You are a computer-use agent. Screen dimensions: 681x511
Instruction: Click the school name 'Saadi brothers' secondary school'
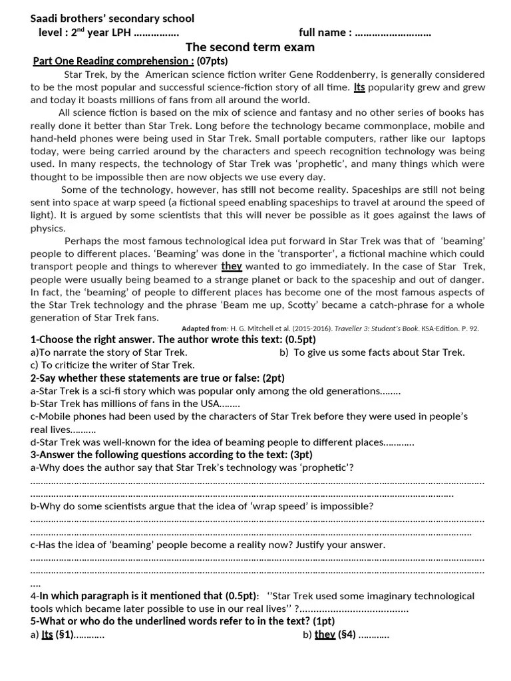[112, 19]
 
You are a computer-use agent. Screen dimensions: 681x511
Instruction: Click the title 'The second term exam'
[250, 47]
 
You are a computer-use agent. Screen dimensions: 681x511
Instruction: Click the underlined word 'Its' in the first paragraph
[359, 87]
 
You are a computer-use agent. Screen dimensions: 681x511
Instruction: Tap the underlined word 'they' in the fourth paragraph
[232, 266]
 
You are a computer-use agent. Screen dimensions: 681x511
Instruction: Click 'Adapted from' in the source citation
[204, 329]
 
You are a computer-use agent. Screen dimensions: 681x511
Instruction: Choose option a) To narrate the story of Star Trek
[109, 352]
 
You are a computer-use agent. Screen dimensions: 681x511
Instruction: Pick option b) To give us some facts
[372, 352]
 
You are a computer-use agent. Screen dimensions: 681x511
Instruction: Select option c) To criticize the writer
[112, 365]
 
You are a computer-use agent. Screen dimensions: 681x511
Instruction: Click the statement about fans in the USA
[135, 404]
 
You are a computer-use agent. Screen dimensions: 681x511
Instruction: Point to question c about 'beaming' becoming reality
[208, 545]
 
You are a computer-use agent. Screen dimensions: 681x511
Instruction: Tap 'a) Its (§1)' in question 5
[67, 635]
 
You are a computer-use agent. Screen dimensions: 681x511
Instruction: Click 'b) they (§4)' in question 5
[345, 635]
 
